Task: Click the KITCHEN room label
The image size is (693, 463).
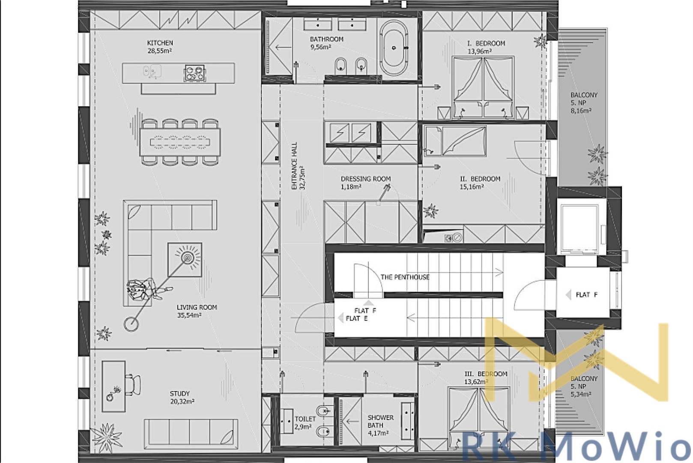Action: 160,43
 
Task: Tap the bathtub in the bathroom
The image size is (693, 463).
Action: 394,48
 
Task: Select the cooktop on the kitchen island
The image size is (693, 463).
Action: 195,73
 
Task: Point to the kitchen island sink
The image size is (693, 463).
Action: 152,72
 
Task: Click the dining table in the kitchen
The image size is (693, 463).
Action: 180,142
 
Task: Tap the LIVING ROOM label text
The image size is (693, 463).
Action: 197,307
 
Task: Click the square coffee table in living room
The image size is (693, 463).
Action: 185,259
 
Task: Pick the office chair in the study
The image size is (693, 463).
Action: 133,385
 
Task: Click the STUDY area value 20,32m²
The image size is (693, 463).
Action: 182,402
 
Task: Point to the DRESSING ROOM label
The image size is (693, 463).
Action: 366,179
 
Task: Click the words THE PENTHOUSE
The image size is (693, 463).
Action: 405,277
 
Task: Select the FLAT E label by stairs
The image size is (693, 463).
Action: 356,319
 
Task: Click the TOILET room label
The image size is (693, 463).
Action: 305,419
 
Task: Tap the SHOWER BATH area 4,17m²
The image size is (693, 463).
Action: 378,433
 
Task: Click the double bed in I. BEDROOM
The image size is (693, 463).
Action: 483,87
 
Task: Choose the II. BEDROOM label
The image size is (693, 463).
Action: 480,179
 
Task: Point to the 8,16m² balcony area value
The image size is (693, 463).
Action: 581,111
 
